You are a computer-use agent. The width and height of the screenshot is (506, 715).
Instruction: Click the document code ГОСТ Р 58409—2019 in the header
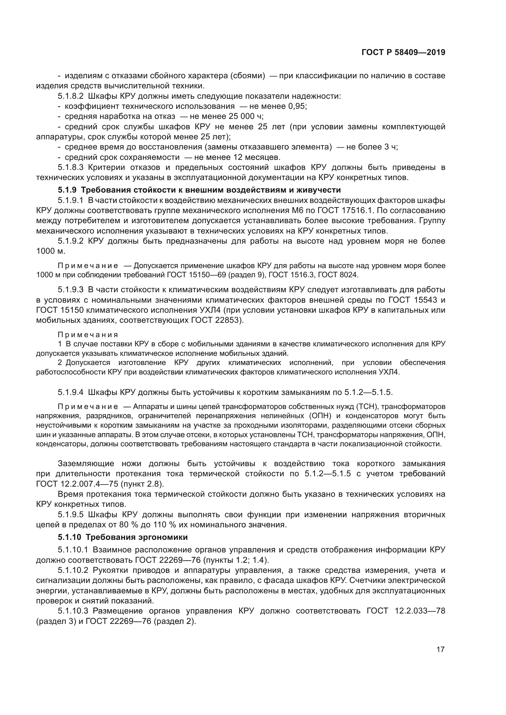(x=403, y=52)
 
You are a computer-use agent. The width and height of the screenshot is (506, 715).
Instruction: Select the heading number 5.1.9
(x=67, y=190)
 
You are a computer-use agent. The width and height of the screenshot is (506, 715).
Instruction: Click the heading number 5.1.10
(x=69, y=537)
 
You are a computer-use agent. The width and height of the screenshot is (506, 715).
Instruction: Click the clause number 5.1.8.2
(x=70, y=96)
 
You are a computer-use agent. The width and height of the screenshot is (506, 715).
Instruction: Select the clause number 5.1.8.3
(x=70, y=167)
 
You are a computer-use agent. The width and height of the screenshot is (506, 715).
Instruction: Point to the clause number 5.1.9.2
(x=70, y=241)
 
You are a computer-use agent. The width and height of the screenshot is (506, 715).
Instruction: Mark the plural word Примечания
(x=88, y=335)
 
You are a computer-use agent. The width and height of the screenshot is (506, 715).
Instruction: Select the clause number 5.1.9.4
(x=70, y=392)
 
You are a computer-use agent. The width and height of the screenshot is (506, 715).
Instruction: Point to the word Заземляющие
(x=86, y=463)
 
